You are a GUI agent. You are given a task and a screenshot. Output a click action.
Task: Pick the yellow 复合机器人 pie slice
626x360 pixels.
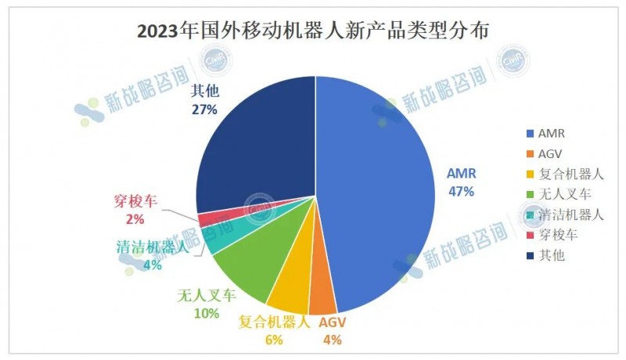pyautogui.click(x=288, y=290)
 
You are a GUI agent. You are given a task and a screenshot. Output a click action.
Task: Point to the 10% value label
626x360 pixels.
pyautogui.click(x=206, y=313)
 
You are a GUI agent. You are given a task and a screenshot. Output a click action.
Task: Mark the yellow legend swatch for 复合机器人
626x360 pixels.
pyautogui.click(x=531, y=174)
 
